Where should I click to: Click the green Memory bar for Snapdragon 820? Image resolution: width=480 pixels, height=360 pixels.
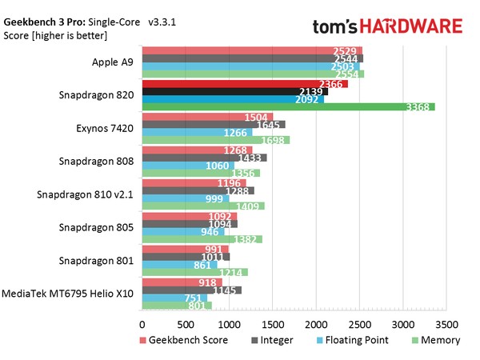point(288,106)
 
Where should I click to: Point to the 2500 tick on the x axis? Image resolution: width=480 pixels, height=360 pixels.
point(360,325)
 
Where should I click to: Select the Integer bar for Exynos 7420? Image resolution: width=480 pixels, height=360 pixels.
point(214,124)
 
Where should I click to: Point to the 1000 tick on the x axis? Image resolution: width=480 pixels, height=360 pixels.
point(229,325)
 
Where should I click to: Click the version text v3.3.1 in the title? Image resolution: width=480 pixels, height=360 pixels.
point(162,24)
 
